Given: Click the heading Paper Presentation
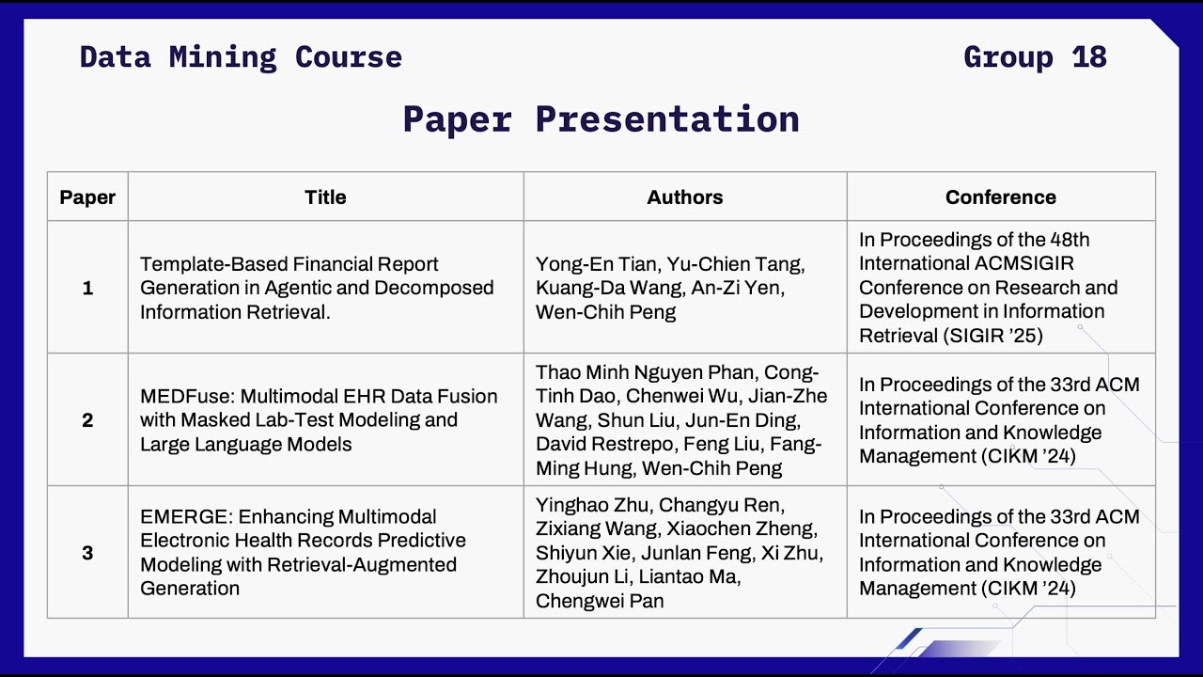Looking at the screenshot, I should (x=601, y=119).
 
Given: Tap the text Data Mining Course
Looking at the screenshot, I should (x=241, y=57).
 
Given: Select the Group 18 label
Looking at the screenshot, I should (x=1035, y=57).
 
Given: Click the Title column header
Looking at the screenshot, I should (x=325, y=197).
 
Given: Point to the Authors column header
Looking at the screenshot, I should (x=685, y=197).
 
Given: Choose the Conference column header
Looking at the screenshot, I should (x=1000, y=197).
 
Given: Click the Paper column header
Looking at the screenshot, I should (x=87, y=197).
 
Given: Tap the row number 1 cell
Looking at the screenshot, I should (x=87, y=289).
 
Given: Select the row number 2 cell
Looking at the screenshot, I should (x=87, y=420).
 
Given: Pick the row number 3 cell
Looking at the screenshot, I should (x=87, y=553).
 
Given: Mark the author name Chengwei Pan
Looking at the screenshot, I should (x=600, y=601).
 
